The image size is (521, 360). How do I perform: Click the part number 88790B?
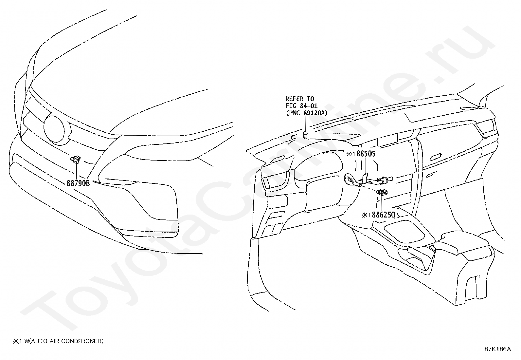click(x=78, y=183)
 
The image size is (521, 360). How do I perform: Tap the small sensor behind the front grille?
click(x=76, y=160)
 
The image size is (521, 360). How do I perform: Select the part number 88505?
click(x=366, y=154)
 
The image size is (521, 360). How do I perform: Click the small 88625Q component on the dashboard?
click(x=382, y=192)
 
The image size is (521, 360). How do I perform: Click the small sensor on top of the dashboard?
click(x=305, y=134)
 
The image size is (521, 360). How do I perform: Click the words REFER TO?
click(x=300, y=99)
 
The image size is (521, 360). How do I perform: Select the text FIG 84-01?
click(x=301, y=106)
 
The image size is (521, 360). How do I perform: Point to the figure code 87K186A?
click(x=497, y=349)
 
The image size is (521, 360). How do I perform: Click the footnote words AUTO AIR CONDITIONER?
click(x=67, y=341)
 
